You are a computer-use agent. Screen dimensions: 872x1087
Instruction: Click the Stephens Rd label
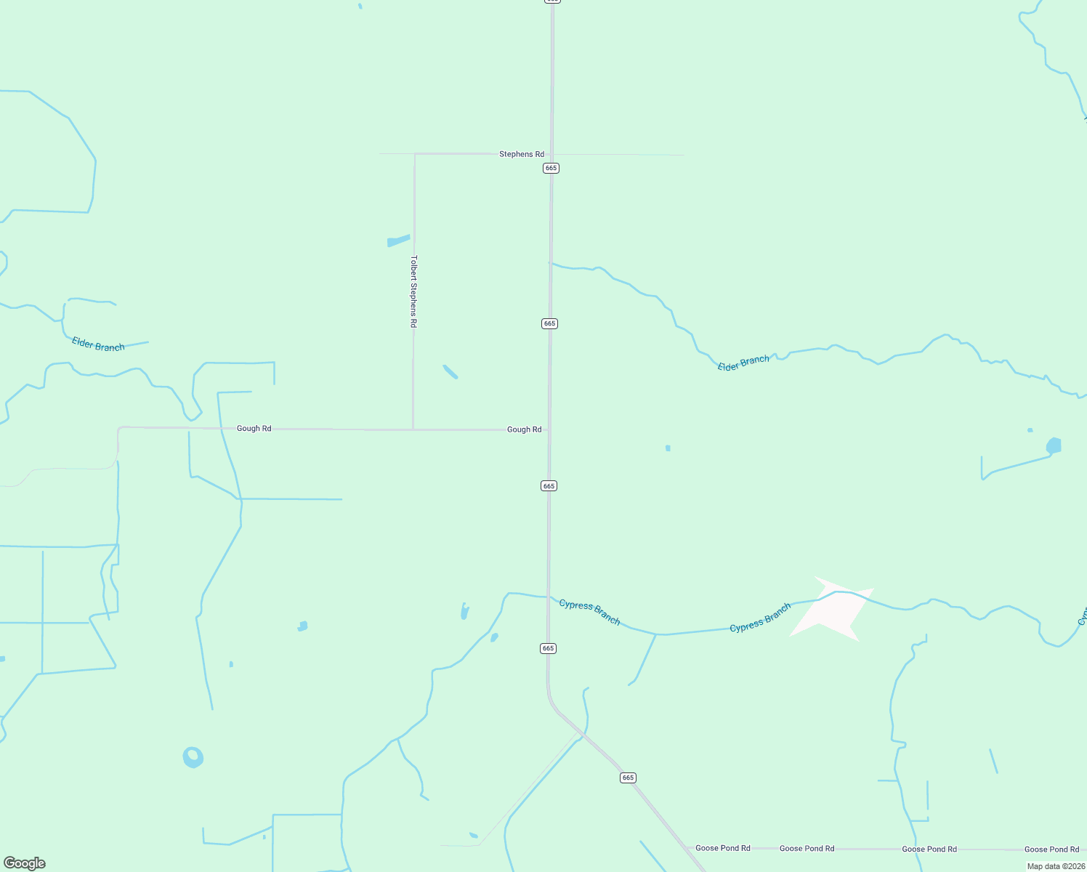[521, 154]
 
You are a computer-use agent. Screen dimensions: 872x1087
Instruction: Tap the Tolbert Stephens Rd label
[413, 291]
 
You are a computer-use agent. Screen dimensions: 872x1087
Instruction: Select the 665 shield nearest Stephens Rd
[551, 168]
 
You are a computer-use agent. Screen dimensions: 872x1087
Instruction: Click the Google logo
[25, 863]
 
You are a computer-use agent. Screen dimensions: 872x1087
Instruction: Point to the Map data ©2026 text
[1056, 866]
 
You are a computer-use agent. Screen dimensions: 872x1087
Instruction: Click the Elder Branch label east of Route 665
[743, 363]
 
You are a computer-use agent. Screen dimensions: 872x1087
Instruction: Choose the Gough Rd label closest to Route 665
[524, 429]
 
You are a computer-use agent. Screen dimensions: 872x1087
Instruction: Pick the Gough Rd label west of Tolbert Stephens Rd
[254, 429]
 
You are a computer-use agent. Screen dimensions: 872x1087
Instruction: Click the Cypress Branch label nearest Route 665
[589, 612]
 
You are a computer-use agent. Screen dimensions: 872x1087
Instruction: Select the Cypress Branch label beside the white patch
[760, 618]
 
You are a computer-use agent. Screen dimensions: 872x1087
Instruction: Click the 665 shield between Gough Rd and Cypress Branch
[549, 485]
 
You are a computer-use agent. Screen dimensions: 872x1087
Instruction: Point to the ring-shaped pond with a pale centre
[193, 757]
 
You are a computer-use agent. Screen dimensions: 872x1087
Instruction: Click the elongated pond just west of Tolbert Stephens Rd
[398, 241]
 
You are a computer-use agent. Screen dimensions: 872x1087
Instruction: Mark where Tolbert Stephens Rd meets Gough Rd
[413, 429]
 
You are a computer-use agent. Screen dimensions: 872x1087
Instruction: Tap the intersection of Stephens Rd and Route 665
[551, 154]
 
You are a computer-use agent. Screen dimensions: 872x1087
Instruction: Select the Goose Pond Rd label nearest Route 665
[722, 848]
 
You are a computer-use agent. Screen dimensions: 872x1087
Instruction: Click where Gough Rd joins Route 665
[549, 429]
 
